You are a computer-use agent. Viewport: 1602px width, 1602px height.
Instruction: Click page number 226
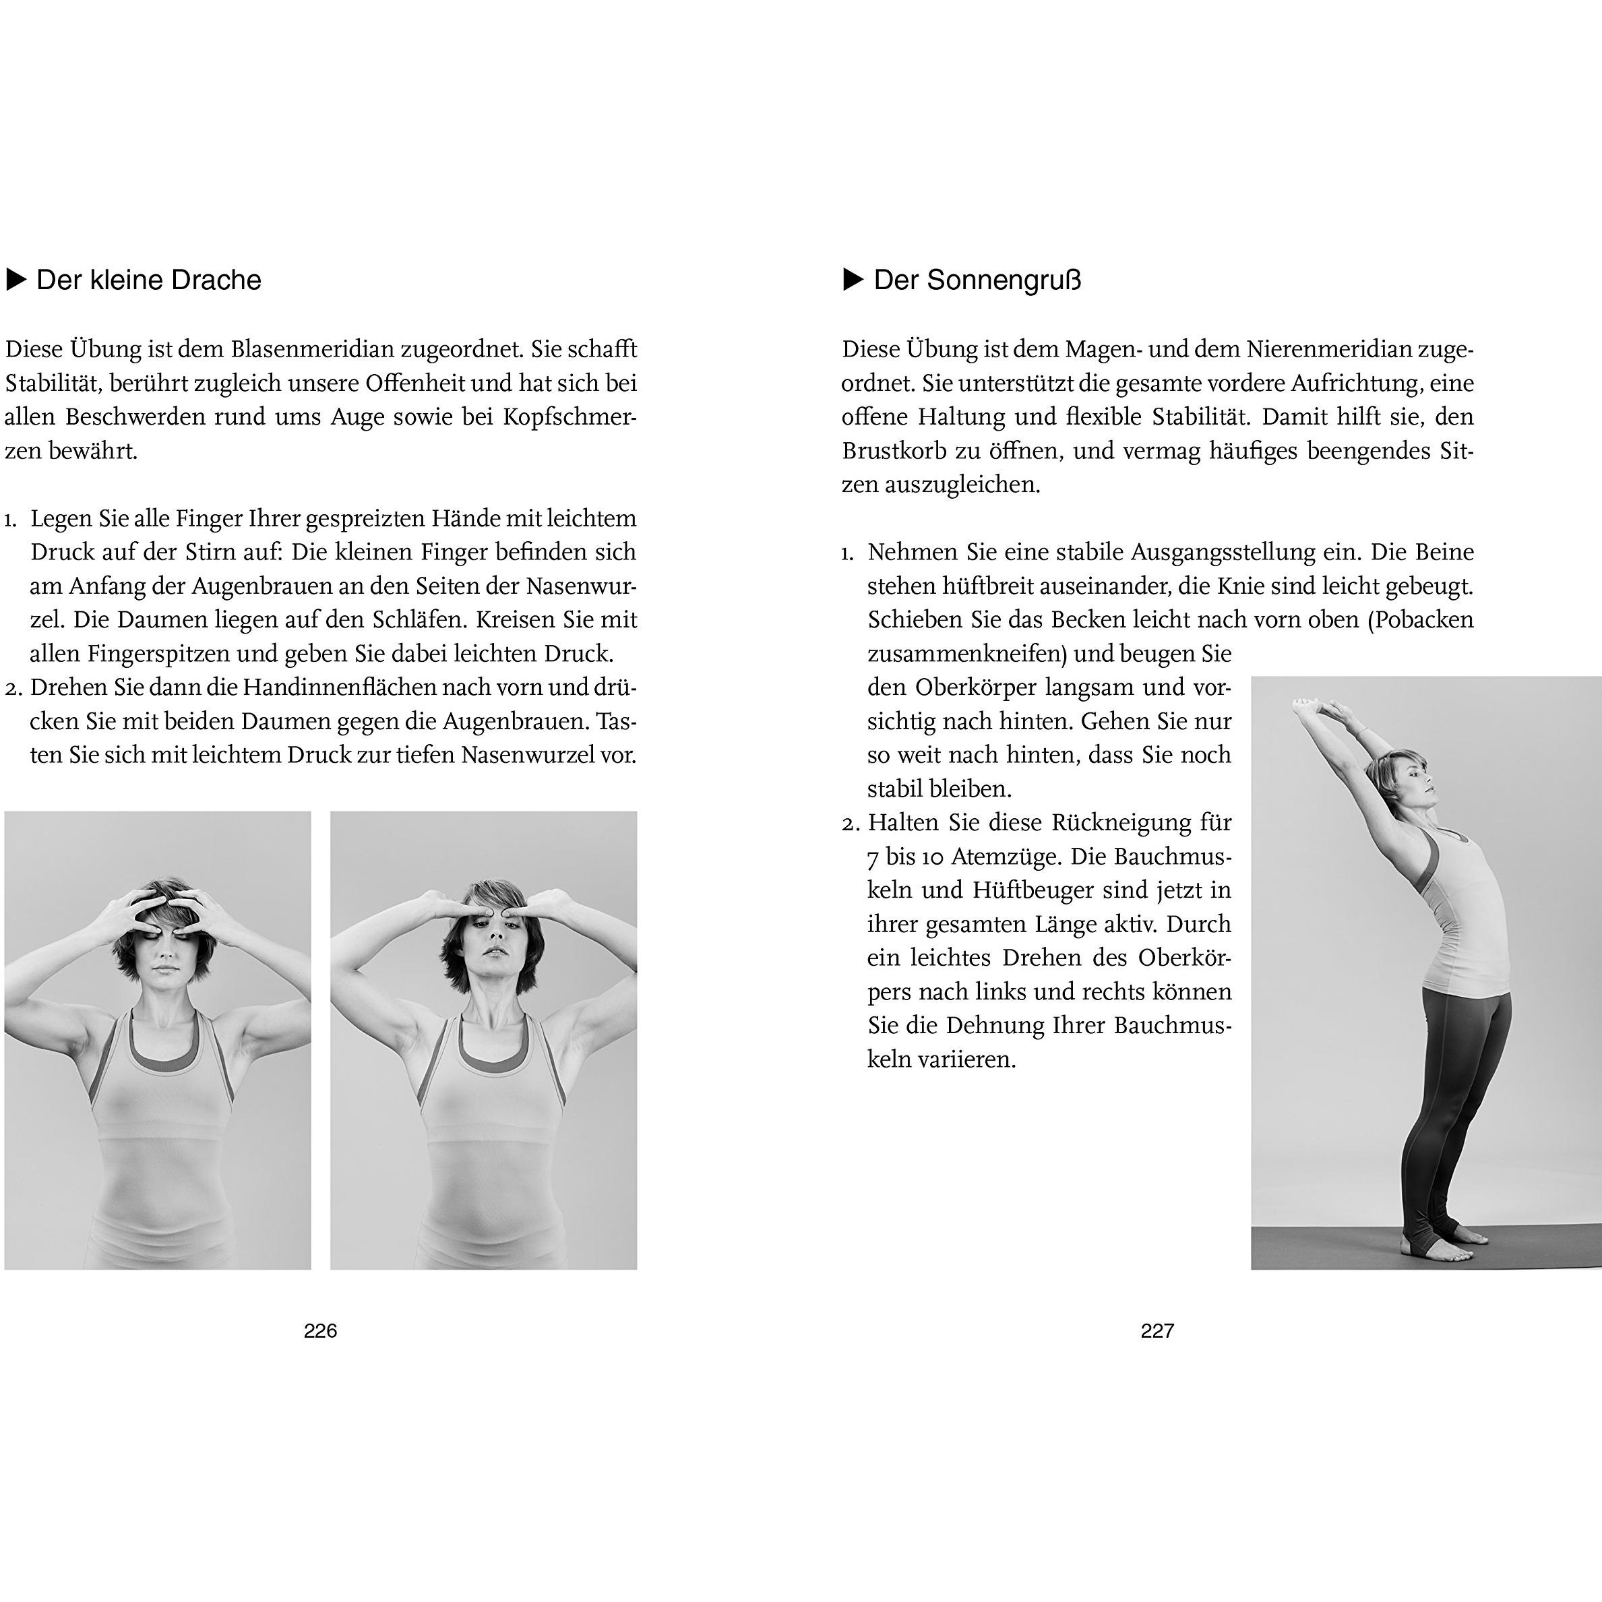coord(320,1331)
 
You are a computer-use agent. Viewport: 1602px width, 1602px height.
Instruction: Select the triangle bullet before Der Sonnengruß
coord(853,280)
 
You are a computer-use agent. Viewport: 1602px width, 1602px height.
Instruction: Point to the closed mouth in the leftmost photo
coord(158,969)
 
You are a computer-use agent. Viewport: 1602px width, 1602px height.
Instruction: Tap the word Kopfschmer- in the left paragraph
coord(569,417)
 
